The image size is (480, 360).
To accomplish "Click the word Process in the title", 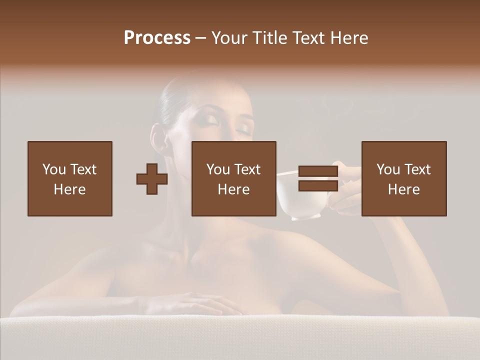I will pos(157,38).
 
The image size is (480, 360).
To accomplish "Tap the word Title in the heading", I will pos(268,38).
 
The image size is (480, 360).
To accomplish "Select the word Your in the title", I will pos(230,38).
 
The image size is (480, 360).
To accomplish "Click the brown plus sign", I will pos(152,178).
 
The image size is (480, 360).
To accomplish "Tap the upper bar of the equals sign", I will pos(318,171).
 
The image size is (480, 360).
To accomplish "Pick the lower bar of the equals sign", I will pos(318,185).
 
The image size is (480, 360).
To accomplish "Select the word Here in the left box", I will pos(69,189).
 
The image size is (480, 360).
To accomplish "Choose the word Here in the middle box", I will pos(233,189).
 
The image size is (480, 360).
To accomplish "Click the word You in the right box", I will pos(388,169).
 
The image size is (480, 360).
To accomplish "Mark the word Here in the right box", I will pos(403,189).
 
